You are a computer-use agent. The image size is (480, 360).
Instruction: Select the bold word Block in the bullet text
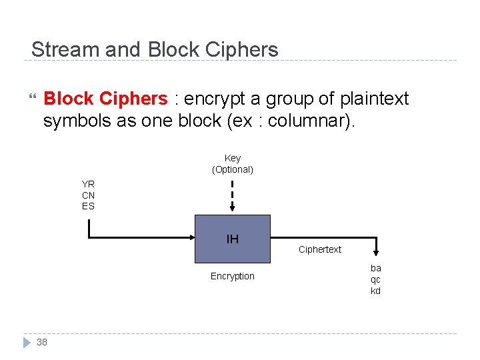coord(68,99)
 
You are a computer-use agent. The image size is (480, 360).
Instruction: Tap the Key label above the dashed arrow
coord(233,158)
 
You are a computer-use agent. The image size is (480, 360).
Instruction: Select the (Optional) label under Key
coord(233,169)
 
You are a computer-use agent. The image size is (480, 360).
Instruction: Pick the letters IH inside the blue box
coord(233,239)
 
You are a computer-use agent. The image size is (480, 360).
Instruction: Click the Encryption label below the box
coord(233,276)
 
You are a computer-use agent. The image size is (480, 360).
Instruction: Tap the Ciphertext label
coord(320,249)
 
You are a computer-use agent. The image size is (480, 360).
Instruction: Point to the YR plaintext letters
coord(88,184)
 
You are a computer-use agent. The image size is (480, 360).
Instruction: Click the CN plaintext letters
coord(88,195)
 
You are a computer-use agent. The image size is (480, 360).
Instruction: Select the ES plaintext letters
coord(88,206)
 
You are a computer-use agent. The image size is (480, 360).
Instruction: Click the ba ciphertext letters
coord(376,268)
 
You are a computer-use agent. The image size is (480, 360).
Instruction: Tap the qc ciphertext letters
coord(376,279)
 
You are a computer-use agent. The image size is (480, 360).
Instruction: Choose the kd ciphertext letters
coord(376,291)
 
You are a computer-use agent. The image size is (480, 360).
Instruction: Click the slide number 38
coord(42,342)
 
